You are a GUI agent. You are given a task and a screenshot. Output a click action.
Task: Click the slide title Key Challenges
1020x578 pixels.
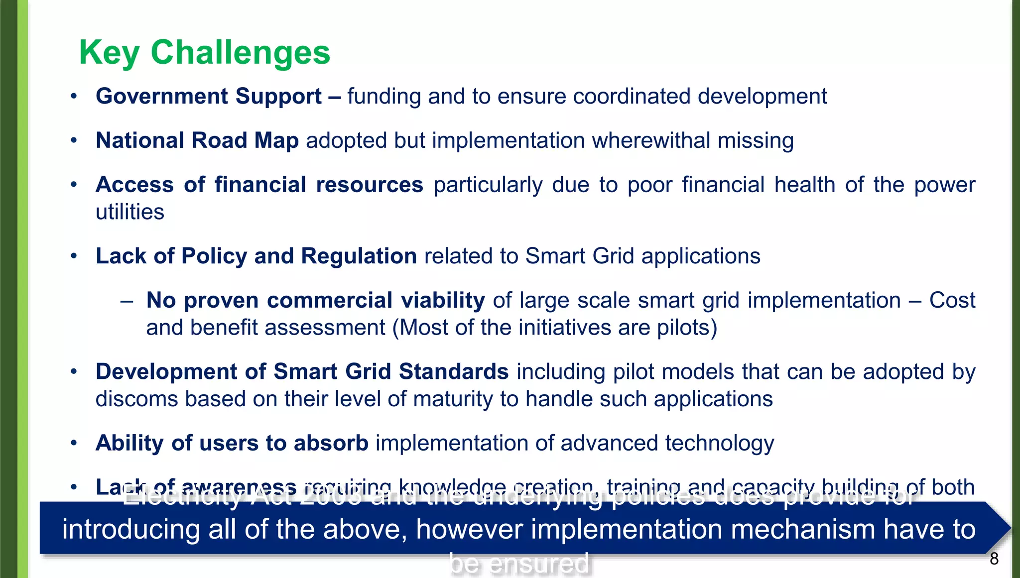204,53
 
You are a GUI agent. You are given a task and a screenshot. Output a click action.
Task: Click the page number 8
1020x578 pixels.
994,559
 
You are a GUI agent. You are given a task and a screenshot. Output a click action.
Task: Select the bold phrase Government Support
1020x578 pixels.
208,97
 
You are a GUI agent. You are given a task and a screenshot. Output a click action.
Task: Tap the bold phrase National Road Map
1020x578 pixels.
197,141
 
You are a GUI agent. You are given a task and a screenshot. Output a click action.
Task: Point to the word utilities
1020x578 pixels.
129,213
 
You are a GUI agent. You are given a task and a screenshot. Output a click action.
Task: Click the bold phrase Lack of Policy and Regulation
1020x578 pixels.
256,256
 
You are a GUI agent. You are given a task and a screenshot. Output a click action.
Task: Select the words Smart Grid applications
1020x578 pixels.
642,256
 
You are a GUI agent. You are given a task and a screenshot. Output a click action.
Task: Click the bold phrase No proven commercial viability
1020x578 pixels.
315,301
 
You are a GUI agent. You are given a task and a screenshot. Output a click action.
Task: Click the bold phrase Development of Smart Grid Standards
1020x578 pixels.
302,372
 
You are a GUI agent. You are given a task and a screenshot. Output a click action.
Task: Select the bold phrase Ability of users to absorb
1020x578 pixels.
232,443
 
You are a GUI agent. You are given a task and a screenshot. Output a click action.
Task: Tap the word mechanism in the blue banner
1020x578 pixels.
802,529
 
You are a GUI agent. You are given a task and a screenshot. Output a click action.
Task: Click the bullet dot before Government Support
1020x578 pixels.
74,97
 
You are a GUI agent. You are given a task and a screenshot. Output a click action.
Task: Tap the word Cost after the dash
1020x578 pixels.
952,301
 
